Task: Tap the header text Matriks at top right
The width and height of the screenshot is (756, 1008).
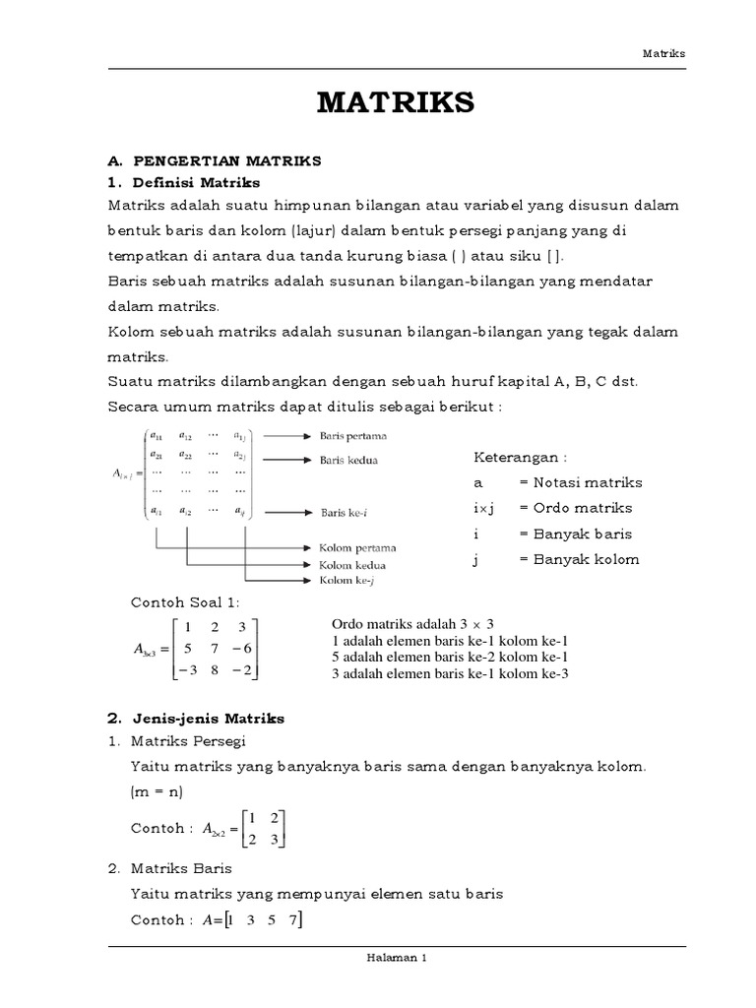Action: [x=664, y=54]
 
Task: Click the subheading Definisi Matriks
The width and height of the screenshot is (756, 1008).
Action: [x=200, y=182]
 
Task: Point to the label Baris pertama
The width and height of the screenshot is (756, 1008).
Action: [x=353, y=435]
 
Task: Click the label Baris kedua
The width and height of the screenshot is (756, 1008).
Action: [x=347, y=459]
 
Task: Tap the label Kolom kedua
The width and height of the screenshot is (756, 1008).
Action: [x=351, y=565]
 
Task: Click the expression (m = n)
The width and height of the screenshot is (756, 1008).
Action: [x=157, y=792]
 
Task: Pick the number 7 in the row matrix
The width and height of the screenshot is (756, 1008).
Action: [x=291, y=919]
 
